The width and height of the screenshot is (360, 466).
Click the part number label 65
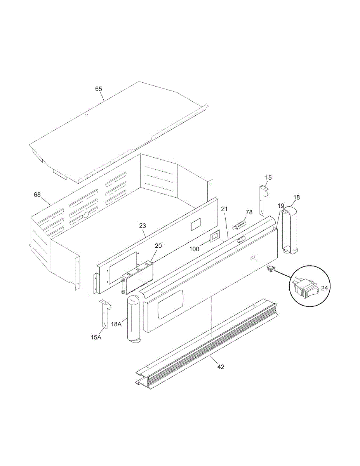pyautogui.click(x=99, y=89)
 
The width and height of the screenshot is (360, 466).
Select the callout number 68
pyautogui.click(x=37, y=194)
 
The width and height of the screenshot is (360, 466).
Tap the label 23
pyautogui.click(x=143, y=225)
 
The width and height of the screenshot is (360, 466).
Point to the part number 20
pyautogui.click(x=158, y=246)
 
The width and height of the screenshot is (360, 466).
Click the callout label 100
pyautogui.click(x=195, y=249)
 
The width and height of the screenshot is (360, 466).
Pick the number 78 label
pyautogui.click(x=249, y=212)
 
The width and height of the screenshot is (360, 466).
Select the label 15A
pyautogui.click(x=96, y=337)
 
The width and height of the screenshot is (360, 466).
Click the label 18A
pyautogui.click(x=117, y=324)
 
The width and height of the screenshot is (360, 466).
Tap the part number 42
pyautogui.click(x=221, y=367)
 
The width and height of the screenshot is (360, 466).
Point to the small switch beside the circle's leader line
pyautogui.click(x=271, y=268)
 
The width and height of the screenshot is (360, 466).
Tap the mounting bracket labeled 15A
pyautogui.click(x=104, y=314)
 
